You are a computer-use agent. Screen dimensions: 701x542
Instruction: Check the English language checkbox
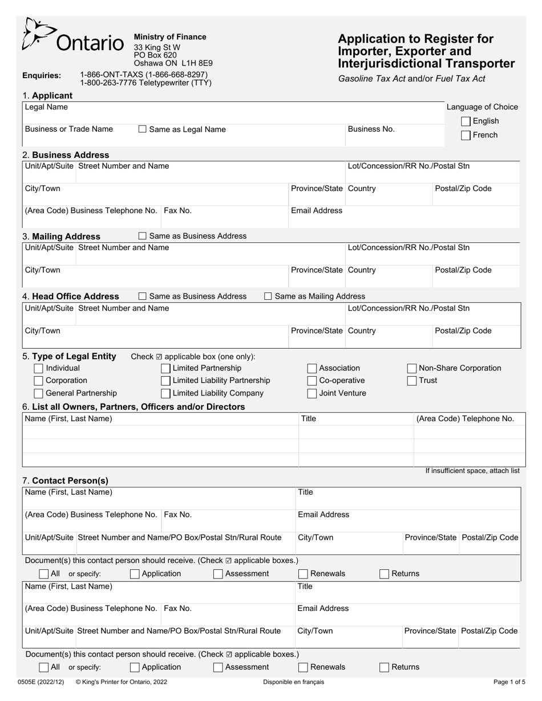[x=466, y=121]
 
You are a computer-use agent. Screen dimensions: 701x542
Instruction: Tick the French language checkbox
[x=466, y=136]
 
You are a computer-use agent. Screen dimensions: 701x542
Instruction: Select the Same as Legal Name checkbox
[x=143, y=129]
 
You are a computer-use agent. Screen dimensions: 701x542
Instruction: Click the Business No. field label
[x=371, y=129]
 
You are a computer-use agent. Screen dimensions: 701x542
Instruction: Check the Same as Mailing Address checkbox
[x=268, y=296]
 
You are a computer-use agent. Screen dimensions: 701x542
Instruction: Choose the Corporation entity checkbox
[x=39, y=381]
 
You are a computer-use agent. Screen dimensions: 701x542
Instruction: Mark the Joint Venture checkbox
[x=312, y=393]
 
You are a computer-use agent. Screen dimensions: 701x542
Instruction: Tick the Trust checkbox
[x=412, y=381]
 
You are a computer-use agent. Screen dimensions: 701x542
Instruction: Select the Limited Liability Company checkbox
[x=165, y=393]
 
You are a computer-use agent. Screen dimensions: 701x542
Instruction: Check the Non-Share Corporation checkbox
[x=412, y=368]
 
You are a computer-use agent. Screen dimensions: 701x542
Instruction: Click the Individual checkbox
[x=39, y=368]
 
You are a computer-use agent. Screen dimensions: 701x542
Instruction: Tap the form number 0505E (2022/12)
[x=41, y=682]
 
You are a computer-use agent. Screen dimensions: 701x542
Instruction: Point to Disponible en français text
[x=293, y=682]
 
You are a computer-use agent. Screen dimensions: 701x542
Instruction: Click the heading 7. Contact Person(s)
[x=65, y=480]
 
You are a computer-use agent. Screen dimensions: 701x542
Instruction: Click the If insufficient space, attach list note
[x=472, y=471]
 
